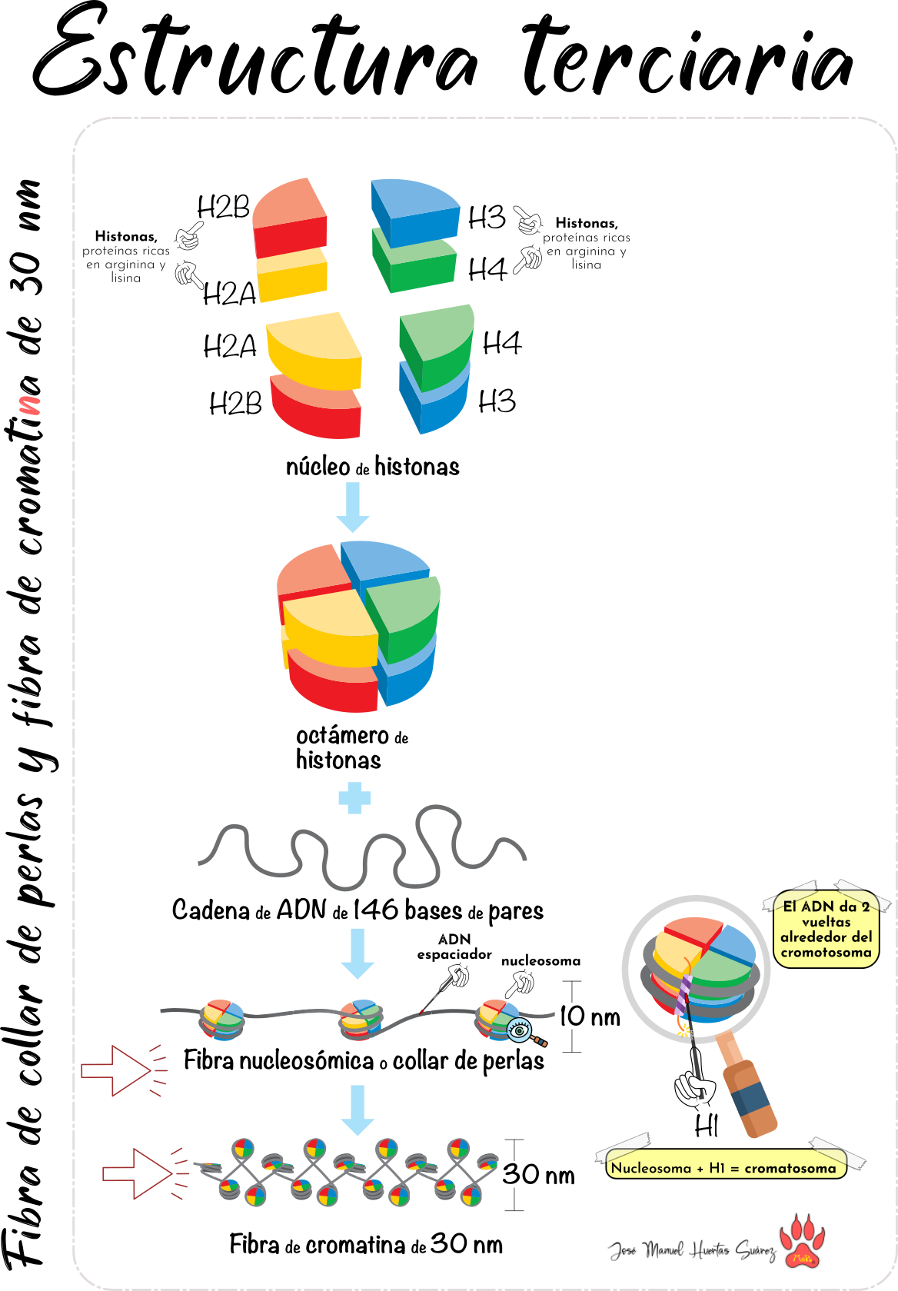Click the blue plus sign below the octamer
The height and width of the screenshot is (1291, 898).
click(x=354, y=798)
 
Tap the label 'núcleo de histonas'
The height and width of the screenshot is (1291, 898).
click(x=372, y=467)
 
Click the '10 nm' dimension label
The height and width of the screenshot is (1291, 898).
click(x=590, y=1016)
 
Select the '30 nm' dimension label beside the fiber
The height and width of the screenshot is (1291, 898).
click(x=538, y=1175)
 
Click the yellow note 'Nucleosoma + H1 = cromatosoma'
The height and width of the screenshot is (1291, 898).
click(x=723, y=1168)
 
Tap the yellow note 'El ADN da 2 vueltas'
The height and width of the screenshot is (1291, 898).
click(x=826, y=929)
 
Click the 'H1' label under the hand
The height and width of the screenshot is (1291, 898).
click(x=706, y=1126)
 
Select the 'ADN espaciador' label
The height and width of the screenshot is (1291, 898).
click(x=454, y=947)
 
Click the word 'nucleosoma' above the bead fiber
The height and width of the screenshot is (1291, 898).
click(x=540, y=961)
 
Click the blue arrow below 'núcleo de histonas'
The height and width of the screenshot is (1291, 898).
click(x=353, y=507)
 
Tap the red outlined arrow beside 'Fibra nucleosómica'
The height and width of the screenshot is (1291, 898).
click(x=116, y=1070)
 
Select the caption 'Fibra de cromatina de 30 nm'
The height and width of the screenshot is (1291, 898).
click(x=366, y=1244)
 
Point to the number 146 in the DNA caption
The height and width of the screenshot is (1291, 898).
click(x=376, y=910)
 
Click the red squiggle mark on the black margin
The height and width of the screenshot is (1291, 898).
click(x=30, y=405)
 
